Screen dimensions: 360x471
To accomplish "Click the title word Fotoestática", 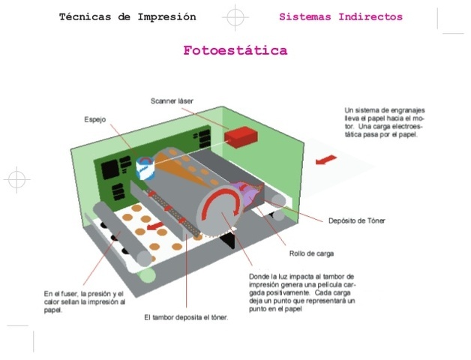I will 235,51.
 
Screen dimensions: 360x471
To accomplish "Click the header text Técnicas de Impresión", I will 127,16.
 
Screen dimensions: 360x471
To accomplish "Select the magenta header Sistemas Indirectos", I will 340,16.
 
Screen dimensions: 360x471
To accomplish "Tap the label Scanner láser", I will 172,100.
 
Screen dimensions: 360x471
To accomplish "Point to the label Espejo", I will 94,119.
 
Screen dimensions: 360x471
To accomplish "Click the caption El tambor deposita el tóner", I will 186,317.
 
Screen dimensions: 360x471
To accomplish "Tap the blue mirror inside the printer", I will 145,167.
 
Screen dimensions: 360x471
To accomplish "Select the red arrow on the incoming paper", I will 325,160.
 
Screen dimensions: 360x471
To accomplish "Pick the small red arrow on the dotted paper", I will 157,223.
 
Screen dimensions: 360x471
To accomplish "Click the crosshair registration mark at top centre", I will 235,16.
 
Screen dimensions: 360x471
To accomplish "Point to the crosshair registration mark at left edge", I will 15,180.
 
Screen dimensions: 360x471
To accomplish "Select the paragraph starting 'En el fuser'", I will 84,301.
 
